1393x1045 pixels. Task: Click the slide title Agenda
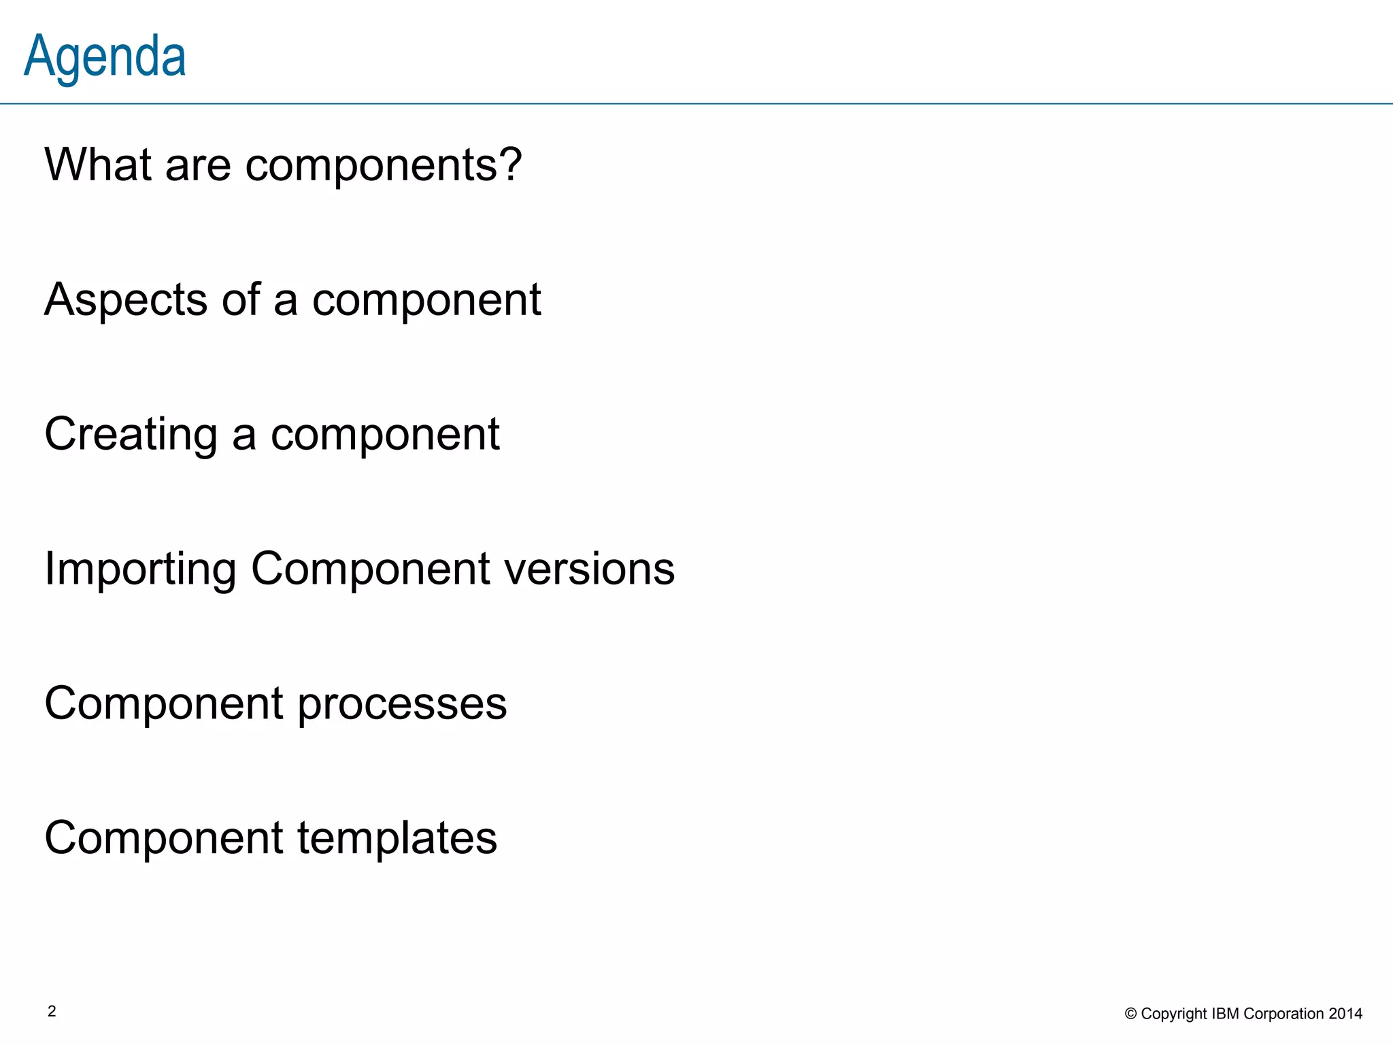105,57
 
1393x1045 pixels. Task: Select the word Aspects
126,299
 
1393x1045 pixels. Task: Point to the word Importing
140,569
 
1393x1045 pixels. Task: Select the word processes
402,703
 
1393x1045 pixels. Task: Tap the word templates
397,838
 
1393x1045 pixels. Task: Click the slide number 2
52,1012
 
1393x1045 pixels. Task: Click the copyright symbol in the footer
1130,1014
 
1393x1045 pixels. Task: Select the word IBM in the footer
1226,1014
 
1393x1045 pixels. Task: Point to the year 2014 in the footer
1345,1014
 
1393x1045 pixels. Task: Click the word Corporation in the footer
1283,1014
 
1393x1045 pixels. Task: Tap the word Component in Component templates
164,838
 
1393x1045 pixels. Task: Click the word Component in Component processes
164,703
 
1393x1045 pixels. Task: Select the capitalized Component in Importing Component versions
370,569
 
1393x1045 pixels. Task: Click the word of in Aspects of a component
241,299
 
